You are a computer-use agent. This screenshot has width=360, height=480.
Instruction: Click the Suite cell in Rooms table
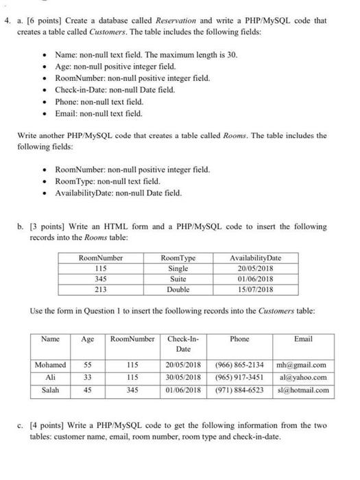[178, 280]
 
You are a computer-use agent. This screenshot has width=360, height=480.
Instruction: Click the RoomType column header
[178, 257]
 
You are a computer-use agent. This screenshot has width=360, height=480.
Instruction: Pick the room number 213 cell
[100, 290]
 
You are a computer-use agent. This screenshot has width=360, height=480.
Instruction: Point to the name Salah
[49, 390]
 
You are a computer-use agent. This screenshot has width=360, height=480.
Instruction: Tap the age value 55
[88, 365]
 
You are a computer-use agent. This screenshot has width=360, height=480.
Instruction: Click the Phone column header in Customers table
[239, 339]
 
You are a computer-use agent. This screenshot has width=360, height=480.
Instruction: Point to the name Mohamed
[50, 365]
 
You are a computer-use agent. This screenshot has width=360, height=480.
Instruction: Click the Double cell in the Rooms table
[178, 290]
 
